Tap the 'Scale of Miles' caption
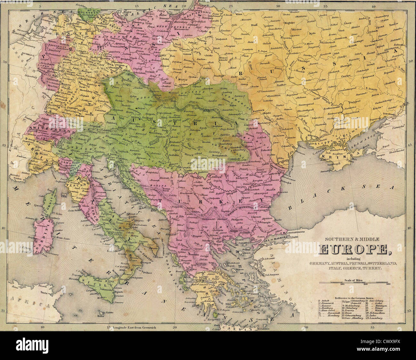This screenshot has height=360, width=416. pos(354,279)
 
